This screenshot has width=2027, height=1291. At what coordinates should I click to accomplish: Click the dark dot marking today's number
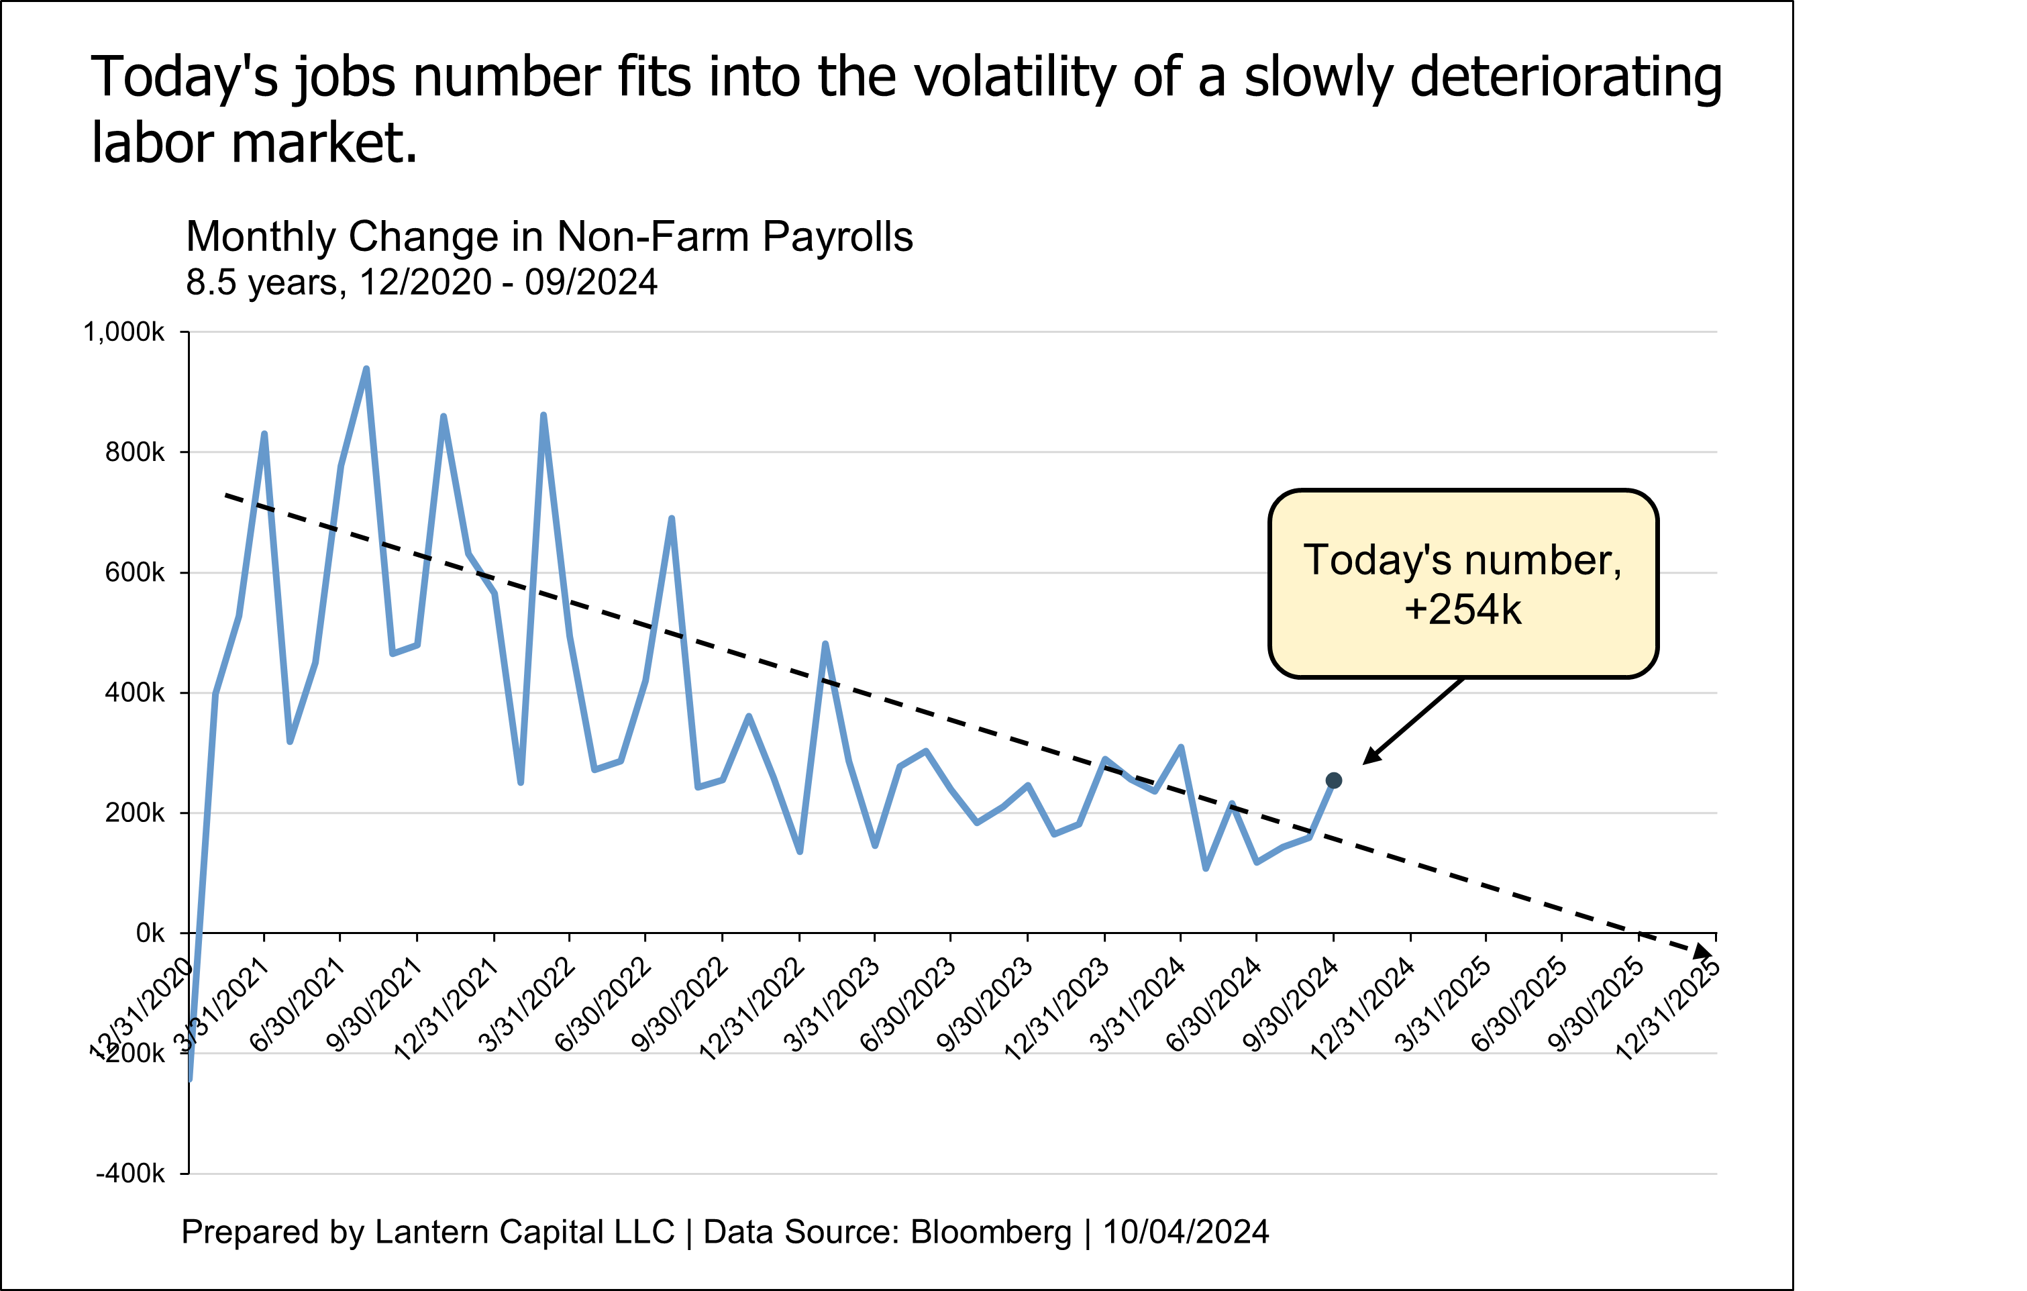pos(1333,781)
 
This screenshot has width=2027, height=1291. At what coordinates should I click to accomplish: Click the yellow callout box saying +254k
pos(1462,583)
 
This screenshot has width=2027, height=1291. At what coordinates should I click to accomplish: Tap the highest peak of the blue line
pos(366,368)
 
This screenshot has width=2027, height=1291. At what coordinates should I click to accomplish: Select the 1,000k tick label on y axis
pos(123,332)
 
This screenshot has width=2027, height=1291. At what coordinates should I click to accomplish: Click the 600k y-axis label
pos(135,573)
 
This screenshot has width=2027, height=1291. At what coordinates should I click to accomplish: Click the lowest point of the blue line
pos(191,1077)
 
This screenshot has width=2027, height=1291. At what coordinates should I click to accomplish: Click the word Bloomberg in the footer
pos(991,1232)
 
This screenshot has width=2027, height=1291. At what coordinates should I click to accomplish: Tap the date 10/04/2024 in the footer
pos(1185,1232)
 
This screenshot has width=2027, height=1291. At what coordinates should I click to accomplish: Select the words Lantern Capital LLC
pos(525,1232)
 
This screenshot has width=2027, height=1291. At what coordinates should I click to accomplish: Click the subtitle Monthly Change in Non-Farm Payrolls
pos(549,236)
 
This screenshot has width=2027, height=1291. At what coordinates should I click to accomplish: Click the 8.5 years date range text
pos(421,282)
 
